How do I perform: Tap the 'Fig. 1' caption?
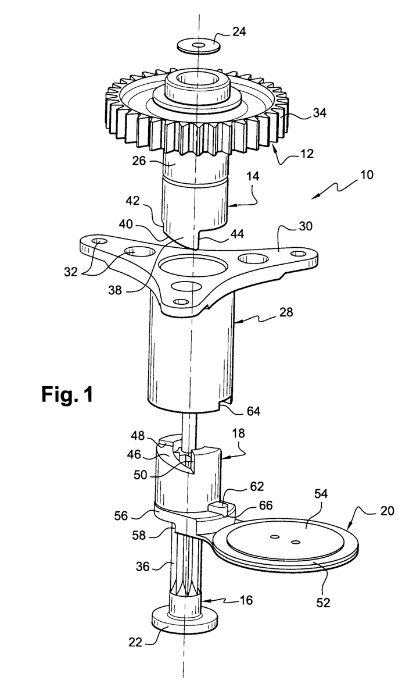pyautogui.click(x=67, y=394)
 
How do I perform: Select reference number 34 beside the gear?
pyautogui.click(x=320, y=113)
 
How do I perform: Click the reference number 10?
pyautogui.click(x=367, y=175)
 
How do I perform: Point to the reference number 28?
pyautogui.click(x=286, y=312)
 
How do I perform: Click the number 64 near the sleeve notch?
pyautogui.click(x=253, y=411)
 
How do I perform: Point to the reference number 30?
pyautogui.click(x=305, y=226)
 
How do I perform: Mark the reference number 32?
pyautogui.click(x=70, y=272)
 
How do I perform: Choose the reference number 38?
pyautogui.click(x=115, y=290)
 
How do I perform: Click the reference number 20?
pyautogui.click(x=387, y=511)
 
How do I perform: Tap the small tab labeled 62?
pyautogui.click(x=222, y=508)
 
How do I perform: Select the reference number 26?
pyautogui.click(x=139, y=161)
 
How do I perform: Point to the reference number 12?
pyautogui.click(x=307, y=154)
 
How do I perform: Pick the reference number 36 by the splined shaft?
pyautogui.click(x=143, y=567)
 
